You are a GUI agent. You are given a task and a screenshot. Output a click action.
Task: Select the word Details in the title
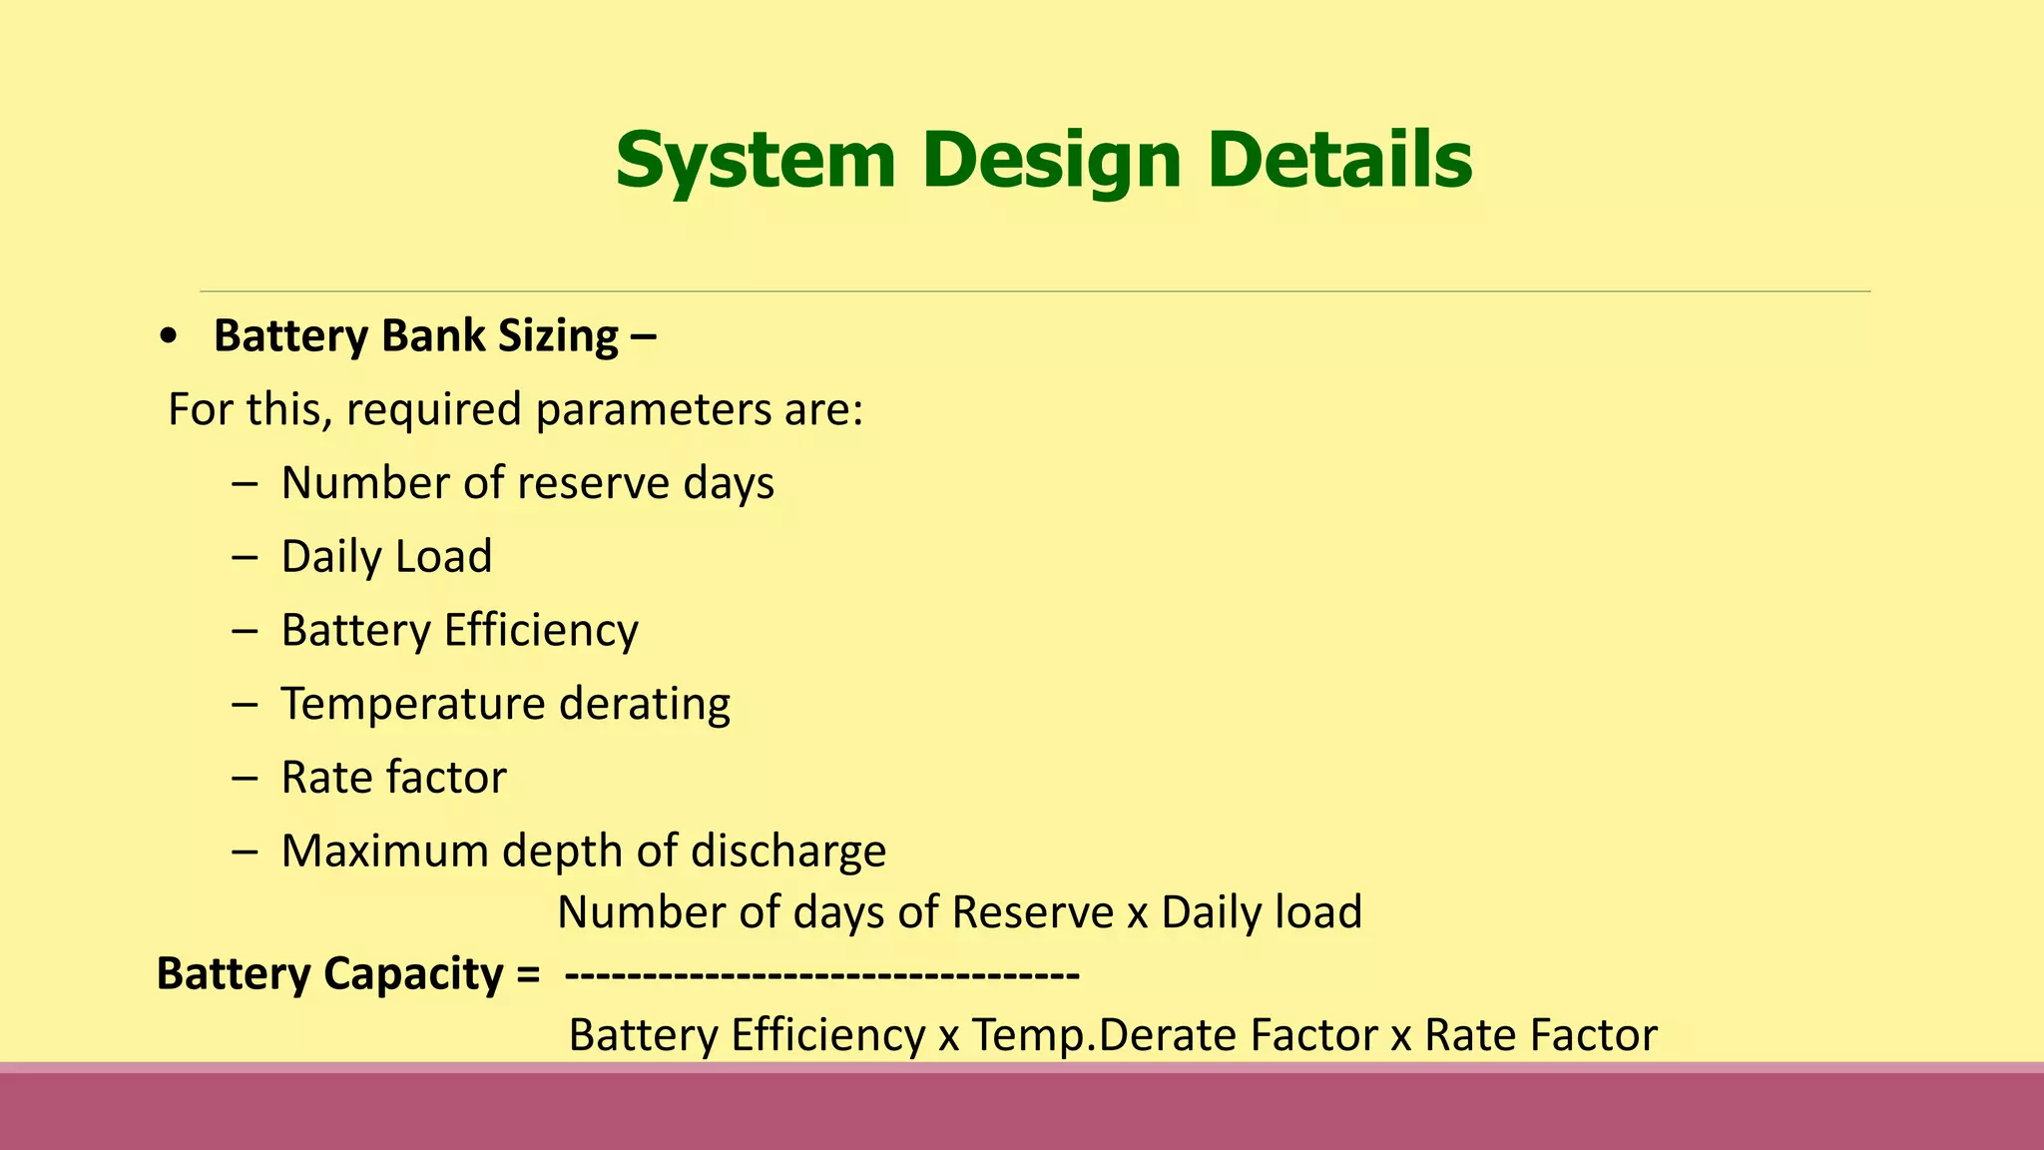[x=1339, y=160]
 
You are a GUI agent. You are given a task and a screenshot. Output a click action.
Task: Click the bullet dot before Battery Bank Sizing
[x=169, y=337]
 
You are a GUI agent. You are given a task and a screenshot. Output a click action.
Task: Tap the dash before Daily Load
[x=245, y=557]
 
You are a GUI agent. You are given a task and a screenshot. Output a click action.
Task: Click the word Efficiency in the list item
[x=541, y=631]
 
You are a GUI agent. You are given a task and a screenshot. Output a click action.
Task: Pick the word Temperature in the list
[x=413, y=704]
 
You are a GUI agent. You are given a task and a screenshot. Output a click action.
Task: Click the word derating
[x=644, y=704]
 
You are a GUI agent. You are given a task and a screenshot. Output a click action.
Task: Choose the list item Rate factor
[x=393, y=778]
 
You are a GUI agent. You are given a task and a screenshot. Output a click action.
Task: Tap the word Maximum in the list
[x=385, y=852]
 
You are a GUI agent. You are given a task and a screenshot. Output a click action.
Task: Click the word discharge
[x=788, y=852]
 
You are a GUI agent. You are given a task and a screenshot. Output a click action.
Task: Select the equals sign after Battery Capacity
[x=528, y=974]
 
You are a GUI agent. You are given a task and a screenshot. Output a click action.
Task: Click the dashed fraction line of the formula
[x=821, y=973]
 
